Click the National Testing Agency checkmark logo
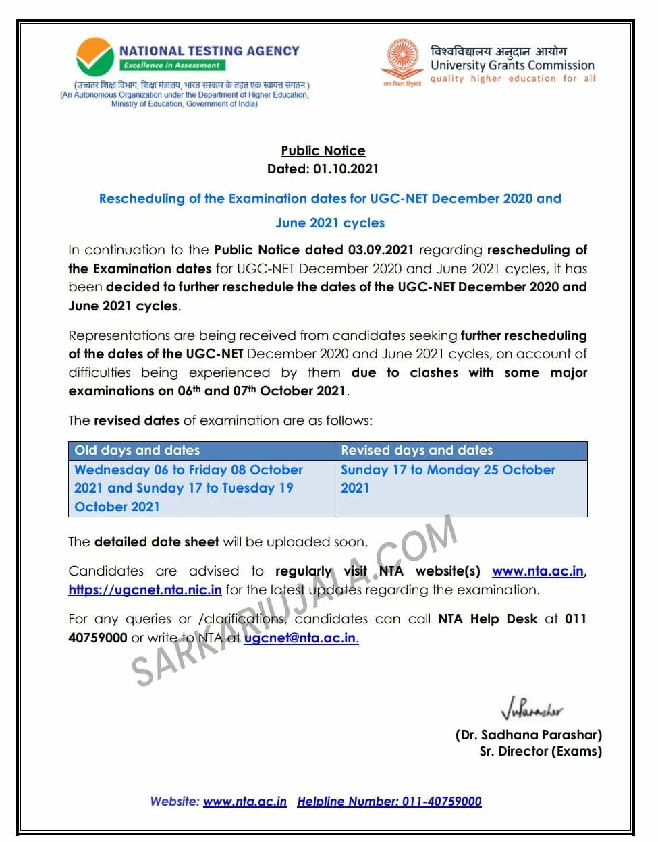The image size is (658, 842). click(95, 57)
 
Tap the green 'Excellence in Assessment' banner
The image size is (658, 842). click(172, 65)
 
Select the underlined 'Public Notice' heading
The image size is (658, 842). click(323, 150)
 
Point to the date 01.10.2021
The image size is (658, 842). click(346, 169)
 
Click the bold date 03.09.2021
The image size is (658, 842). click(381, 250)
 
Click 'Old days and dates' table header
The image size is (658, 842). click(137, 450)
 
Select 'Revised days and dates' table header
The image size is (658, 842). click(416, 450)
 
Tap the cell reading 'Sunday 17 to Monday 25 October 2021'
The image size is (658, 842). click(447, 478)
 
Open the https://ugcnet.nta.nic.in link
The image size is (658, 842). click(145, 590)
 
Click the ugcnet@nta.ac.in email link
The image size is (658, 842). click(301, 638)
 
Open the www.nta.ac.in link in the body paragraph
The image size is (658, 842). click(538, 571)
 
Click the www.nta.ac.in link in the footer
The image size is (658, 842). click(245, 802)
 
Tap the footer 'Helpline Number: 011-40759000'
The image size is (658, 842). click(389, 802)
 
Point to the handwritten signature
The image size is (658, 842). click(532, 709)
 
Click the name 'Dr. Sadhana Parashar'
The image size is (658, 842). click(528, 735)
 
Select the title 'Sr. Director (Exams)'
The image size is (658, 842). click(541, 751)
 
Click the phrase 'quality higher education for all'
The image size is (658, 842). click(513, 78)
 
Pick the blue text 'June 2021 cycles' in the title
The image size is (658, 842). click(330, 223)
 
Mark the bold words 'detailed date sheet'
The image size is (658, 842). click(157, 542)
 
